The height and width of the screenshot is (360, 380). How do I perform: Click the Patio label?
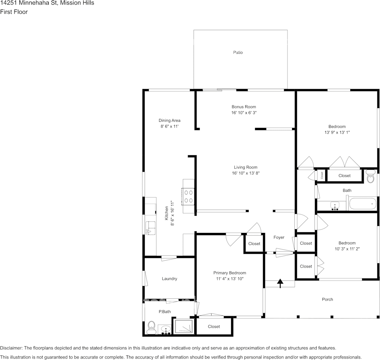click(x=238, y=53)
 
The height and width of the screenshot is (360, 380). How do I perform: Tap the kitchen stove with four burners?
click(x=188, y=196)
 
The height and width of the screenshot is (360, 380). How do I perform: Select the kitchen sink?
click(x=150, y=228)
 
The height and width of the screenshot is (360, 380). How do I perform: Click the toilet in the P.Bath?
click(x=151, y=328)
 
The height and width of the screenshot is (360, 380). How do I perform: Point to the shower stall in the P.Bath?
click(x=184, y=326)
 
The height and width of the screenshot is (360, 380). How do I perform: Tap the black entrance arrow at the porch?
click(x=280, y=283)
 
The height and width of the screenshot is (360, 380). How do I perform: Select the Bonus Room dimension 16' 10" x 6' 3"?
click(x=244, y=113)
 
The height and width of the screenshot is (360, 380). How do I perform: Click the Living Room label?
click(x=246, y=167)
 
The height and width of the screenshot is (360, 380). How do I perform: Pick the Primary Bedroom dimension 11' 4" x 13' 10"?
click(x=230, y=279)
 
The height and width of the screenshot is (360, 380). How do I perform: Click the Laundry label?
click(x=169, y=279)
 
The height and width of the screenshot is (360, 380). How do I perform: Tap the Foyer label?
click(x=279, y=237)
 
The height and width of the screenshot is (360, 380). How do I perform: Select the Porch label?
click(x=327, y=299)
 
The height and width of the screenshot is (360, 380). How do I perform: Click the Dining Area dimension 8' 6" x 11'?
click(x=169, y=126)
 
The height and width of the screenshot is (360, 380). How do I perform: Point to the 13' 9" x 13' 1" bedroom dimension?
click(x=337, y=132)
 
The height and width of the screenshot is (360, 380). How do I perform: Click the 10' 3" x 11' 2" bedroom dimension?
click(x=347, y=249)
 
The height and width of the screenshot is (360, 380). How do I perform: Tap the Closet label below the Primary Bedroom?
click(x=214, y=327)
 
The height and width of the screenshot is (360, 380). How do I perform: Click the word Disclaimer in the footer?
click(x=11, y=348)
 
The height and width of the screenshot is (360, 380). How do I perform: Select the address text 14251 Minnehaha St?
click(x=29, y=3)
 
